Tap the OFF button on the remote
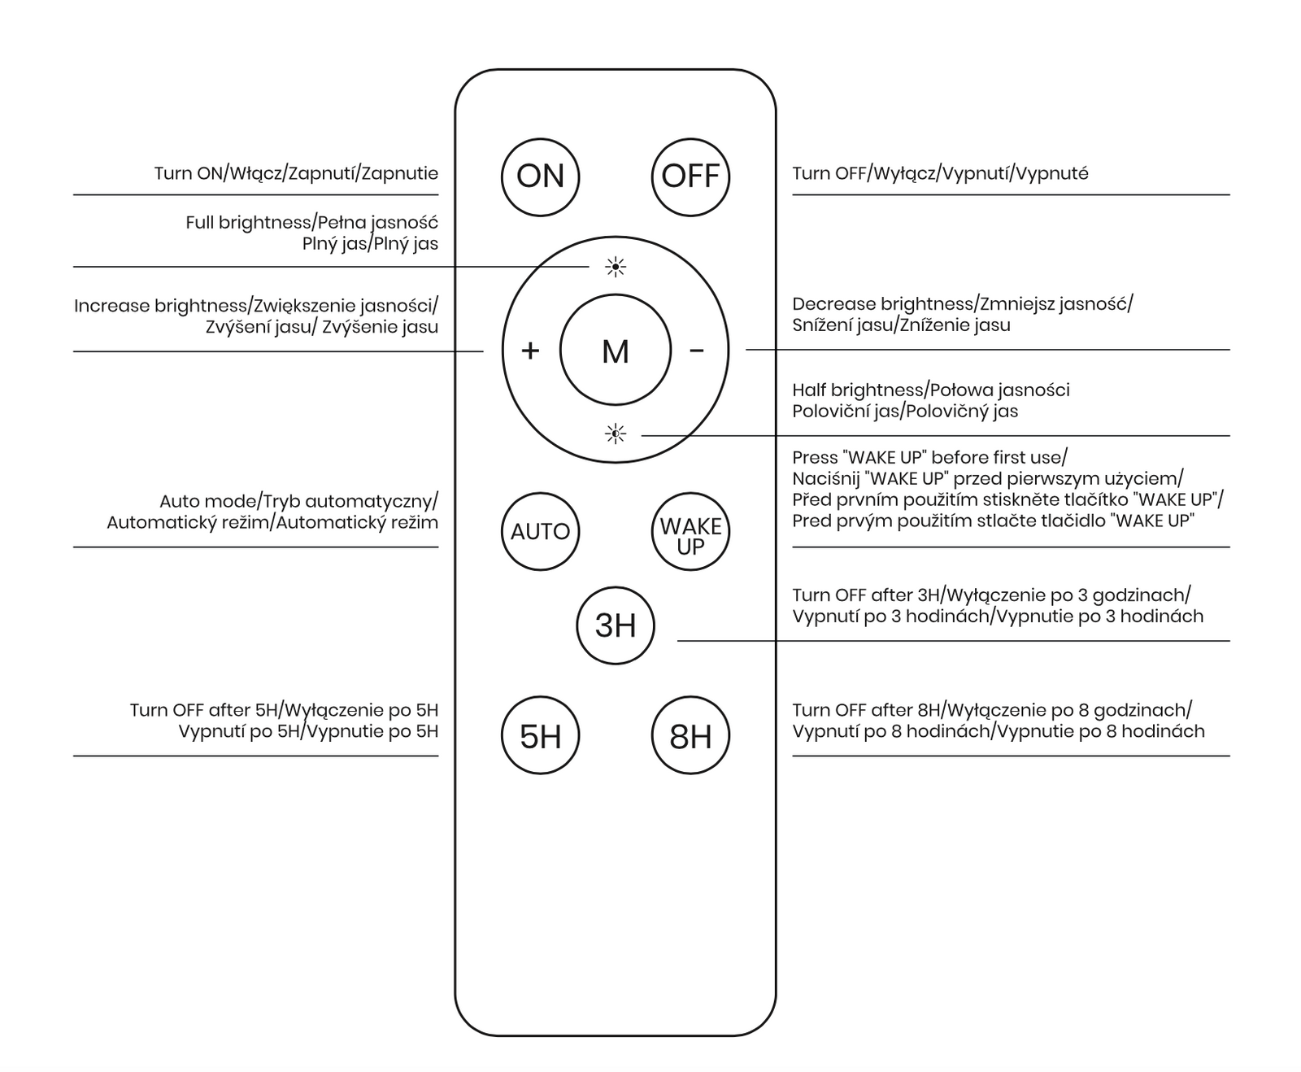point(690,176)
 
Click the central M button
point(616,351)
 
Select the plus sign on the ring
point(530,351)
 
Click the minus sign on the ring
point(697,351)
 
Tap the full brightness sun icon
point(616,267)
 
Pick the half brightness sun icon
point(616,434)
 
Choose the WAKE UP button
point(690,532)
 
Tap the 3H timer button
point(616,625)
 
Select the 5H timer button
point(541,736)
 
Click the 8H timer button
point(690,736)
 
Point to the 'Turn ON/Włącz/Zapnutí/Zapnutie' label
point(296,173)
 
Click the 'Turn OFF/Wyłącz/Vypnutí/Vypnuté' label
point(940,173)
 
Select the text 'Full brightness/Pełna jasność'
point(311,223)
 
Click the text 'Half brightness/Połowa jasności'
point(931,390)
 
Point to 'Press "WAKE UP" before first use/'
point(929,457)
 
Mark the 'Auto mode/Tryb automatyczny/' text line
point(298,501)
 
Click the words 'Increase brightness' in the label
point(160,306)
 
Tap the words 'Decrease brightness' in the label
point(882,304)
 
